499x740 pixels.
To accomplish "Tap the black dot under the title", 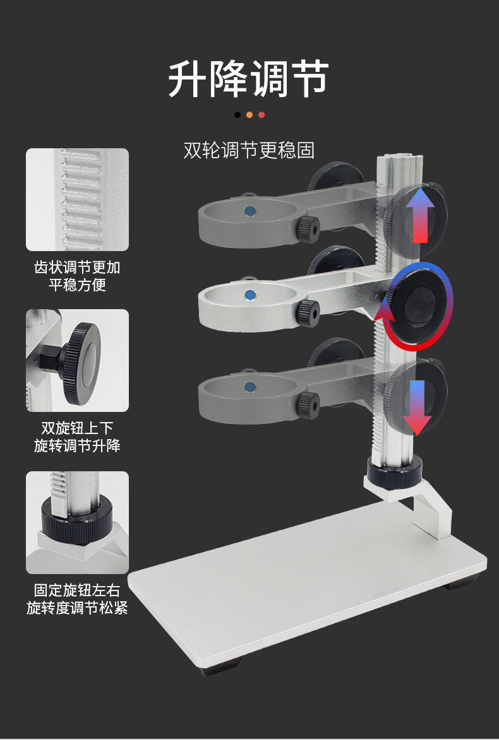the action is pos(237,115).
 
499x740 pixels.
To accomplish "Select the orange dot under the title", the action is pos(249,115).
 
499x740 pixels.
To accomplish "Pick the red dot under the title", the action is pos(262,115).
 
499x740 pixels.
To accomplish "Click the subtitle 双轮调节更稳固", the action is pos(249,150).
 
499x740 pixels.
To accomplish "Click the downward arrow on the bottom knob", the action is pos(417,407).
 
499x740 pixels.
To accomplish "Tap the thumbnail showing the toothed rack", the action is pos(77,199).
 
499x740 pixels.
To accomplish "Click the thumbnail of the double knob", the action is pos(77,360).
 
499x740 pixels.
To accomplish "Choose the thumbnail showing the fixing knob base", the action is pos(77,522).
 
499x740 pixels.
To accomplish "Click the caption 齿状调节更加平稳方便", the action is pos(77,276).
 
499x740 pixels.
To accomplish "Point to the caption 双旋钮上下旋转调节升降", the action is pos(77,437).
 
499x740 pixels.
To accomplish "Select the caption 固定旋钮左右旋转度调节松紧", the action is pos(77,599).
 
